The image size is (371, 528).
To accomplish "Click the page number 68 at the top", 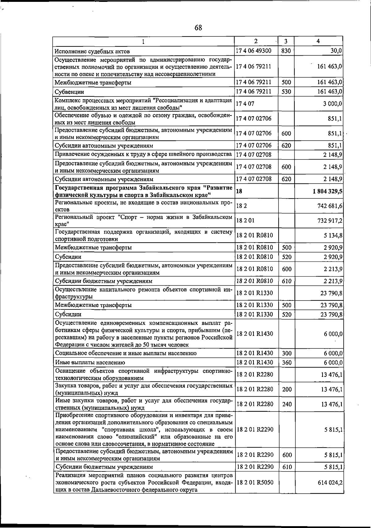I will tap(198, 28).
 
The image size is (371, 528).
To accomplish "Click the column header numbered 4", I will tap(318, 41).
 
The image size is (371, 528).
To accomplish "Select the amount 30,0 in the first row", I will tap(336, 51).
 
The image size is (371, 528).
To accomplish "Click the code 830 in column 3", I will tap(286, 51).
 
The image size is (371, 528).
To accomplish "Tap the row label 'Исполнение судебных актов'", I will tap(92, 51).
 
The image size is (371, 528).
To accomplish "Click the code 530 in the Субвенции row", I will tap(286, 92).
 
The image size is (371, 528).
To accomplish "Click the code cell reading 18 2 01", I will tap(245, 221).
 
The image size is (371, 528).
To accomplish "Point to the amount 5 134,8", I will tap(333, 236).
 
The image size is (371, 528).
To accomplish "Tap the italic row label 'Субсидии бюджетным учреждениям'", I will tap(104, 281).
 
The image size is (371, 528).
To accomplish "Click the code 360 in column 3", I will tap(287, 363).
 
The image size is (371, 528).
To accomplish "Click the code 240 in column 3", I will tap(287, 404).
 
